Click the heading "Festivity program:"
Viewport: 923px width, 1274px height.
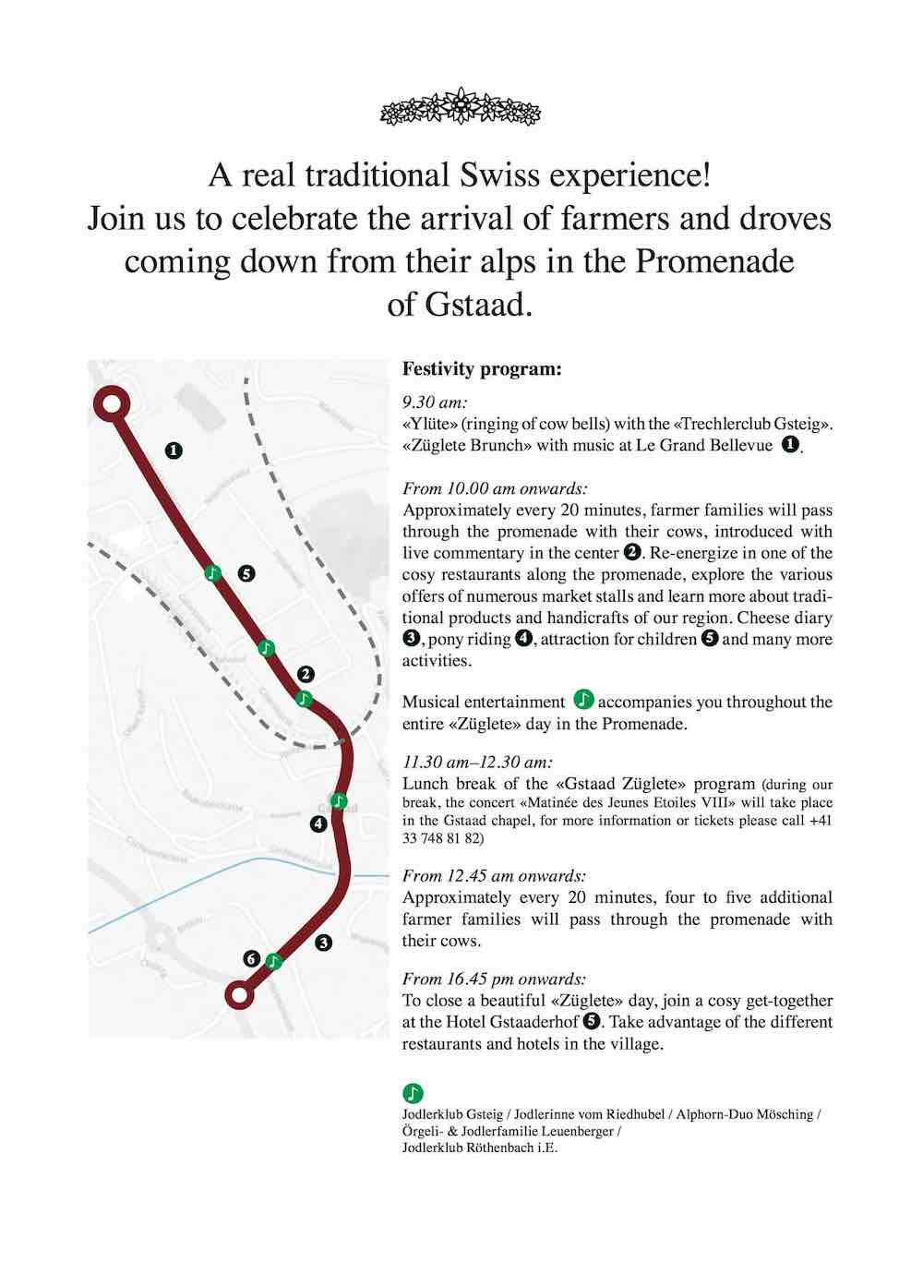pos(481,369)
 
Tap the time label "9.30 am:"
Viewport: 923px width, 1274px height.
pos(435,403)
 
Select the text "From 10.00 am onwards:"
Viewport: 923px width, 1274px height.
pos(495,488)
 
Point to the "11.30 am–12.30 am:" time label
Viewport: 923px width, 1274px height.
pos(477,762)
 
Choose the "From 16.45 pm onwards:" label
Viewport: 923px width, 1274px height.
pos(494,979)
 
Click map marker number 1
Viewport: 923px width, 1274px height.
pos(174,451)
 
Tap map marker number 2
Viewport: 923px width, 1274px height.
pos(306,675)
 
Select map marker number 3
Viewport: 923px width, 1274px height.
pos(323,943)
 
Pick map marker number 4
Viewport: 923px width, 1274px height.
pos(318,823)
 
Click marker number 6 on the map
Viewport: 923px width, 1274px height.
pos(251,958)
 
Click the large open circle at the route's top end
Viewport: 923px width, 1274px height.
pos(111,404)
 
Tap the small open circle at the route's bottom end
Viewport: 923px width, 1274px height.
pos(240,994)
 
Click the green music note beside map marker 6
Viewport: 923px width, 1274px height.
pos(273,961)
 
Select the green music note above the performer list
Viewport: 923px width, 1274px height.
pos(413,1093)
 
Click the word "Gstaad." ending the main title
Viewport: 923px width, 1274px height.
pos(460,305)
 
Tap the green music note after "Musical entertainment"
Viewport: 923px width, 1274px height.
pos(583,701)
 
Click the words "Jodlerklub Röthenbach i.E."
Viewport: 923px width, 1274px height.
pos(480,1148)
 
